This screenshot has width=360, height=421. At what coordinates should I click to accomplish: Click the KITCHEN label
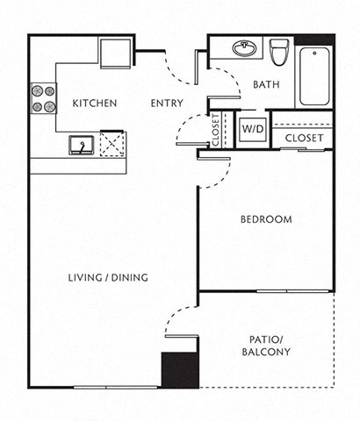(95, 103)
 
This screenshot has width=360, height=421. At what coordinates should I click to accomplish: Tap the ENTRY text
(167, 103)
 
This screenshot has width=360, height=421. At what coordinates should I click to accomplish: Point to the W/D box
(252, 129)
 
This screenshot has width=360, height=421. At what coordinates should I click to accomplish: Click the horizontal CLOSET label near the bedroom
(304, 139)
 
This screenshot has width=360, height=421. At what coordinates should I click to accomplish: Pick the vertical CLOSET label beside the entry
(216, 129)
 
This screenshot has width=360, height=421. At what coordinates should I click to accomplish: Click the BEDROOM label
(265, 219)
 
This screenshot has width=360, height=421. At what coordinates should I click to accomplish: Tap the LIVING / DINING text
(108, 278)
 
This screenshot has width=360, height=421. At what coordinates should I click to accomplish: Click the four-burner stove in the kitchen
(43, 98)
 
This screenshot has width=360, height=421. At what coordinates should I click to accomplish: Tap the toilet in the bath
(280, 53)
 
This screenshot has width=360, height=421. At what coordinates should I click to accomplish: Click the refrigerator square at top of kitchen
(114, 53)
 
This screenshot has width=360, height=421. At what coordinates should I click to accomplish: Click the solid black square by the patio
(179, 369)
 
